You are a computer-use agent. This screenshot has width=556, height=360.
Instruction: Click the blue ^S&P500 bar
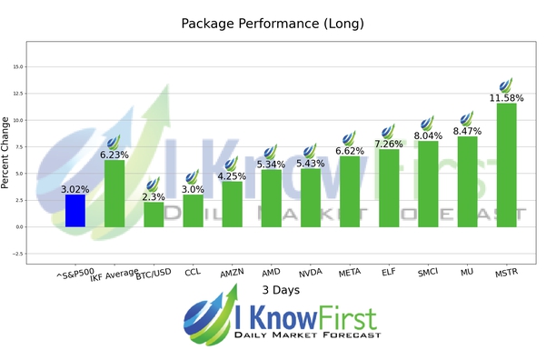click(75, 211)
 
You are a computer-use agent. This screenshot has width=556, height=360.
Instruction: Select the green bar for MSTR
click(506, 165)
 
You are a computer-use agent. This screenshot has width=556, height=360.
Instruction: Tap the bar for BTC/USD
click(154, 215)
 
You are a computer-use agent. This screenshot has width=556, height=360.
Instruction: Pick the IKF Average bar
click(114, 194)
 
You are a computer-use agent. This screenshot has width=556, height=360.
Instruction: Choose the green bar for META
click(350, 191)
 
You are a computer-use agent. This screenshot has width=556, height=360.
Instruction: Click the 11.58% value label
click(506, 96)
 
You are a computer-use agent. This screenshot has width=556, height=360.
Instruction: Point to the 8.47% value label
click(467, 130)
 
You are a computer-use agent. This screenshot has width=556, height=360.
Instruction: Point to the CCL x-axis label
click(192, 271)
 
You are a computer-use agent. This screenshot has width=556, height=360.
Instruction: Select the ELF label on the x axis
click(388, 271)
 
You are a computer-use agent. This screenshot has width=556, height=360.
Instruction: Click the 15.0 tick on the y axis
click(17, 66)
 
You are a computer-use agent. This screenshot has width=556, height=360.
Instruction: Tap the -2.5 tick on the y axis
click(15, 254)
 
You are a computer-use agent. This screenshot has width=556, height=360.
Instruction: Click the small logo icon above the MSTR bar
click(506, 85)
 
